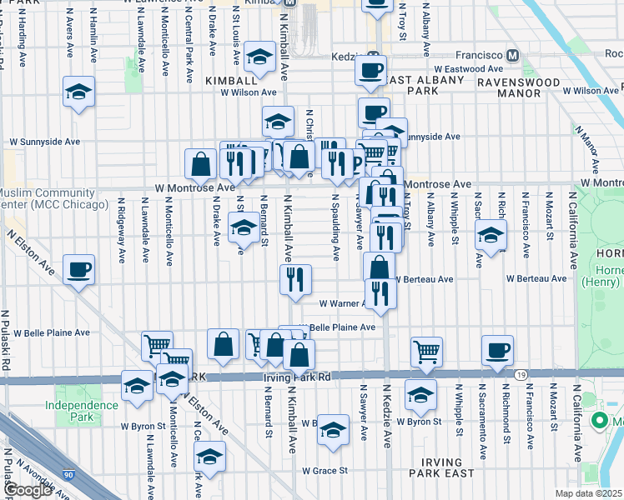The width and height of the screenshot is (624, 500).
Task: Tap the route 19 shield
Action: [520, 376]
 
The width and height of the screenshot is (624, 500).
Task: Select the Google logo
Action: [28, 491]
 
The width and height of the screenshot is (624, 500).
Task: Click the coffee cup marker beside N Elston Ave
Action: [78, 269]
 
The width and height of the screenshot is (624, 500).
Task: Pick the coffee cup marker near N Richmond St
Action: [498, 350]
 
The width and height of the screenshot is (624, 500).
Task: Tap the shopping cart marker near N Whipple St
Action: [426, 351]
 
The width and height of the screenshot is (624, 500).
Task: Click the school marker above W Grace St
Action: [332, 429]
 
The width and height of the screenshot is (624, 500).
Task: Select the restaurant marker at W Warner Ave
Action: [380, 293]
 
